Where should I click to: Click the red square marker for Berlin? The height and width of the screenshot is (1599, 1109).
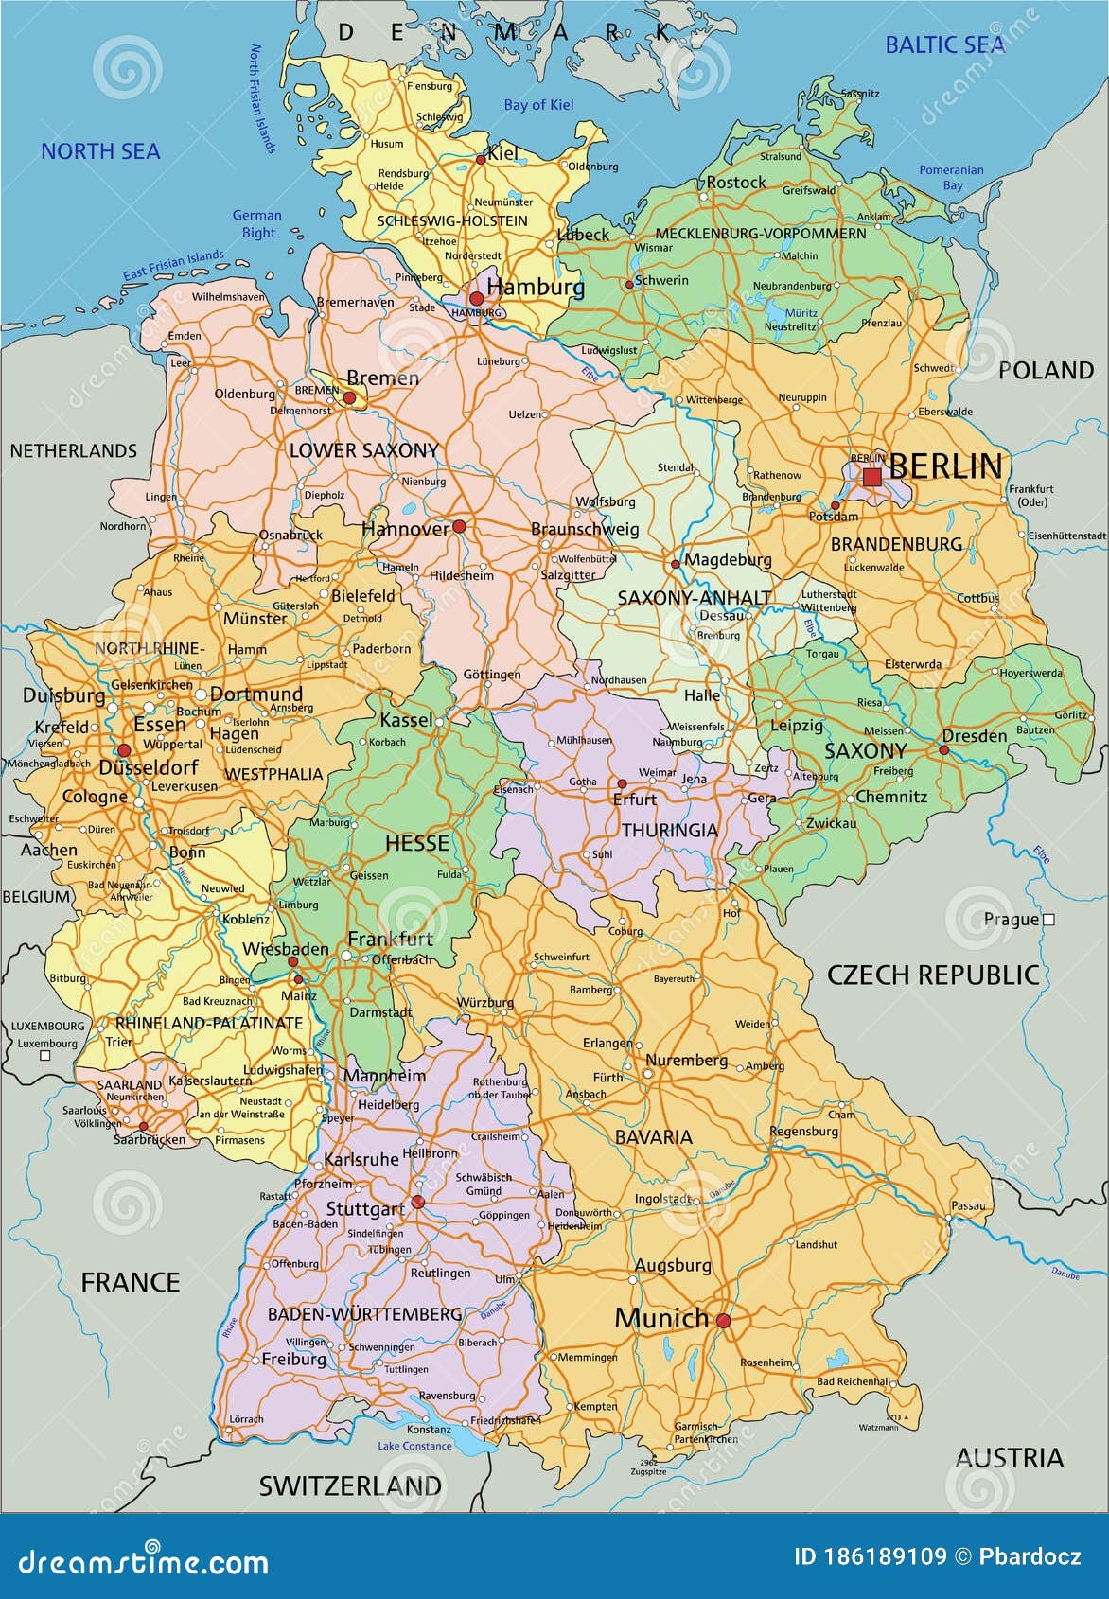point(871,477)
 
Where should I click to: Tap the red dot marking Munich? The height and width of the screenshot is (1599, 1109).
point(723,1321)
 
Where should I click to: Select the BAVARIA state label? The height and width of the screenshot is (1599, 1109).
point(653,1137)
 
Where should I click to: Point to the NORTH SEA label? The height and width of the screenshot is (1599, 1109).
point(100,150)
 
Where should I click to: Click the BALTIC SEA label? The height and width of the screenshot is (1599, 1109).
point(944,44)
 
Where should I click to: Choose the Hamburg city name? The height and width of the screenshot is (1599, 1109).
point(536,287)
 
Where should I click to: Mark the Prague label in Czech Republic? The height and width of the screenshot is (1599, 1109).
point(1011,919)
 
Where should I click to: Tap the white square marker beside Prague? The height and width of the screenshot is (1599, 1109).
point(1048,919)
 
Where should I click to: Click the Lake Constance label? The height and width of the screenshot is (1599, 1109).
point(414,1446)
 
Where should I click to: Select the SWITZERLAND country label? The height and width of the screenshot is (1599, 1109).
point(350,1485)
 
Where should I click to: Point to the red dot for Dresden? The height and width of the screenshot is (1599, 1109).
point(943,749)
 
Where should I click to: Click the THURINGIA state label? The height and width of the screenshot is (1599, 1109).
point(670,830)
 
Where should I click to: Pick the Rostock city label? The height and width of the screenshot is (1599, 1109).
point(736,182)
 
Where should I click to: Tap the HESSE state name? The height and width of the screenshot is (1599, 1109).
point(416,842)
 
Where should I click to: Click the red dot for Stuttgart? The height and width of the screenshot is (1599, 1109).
point(417,1203)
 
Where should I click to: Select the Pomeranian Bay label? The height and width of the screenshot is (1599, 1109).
point(952,178)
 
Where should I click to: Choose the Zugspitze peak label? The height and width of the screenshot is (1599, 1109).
point(648,1472)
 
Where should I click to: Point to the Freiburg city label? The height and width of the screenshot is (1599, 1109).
point(293,1359)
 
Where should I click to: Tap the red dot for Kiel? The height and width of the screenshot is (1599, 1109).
point(481,160)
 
